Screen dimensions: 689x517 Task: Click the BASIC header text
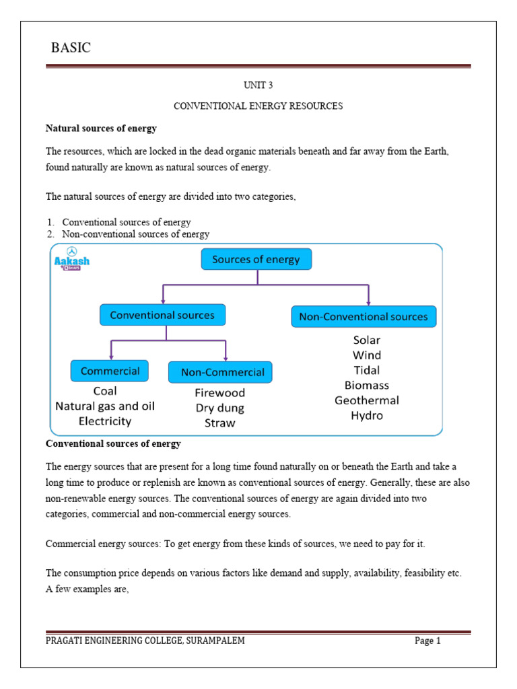(71, 48)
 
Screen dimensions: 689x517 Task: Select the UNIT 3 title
(258, 85)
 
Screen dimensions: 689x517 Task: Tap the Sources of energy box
(256, 259)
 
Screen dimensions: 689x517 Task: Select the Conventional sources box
(162, 315)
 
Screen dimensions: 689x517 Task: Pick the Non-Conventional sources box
(364, 316)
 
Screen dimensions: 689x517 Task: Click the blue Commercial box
(110, 371)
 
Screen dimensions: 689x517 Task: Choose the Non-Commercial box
(220, 372)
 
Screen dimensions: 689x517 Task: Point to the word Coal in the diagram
(105, 391)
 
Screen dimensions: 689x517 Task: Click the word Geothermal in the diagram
(367, 400)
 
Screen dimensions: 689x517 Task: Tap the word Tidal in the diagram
(366, 370)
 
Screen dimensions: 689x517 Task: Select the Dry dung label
(220, 408)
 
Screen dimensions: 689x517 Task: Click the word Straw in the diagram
(220, 423)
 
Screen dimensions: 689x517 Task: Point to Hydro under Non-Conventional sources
(367, 416)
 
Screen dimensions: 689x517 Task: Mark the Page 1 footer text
(427, 641)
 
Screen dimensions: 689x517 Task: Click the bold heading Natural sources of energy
(101, 128)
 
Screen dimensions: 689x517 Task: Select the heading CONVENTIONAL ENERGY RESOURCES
(258, 106)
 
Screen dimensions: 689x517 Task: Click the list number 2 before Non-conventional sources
(50, 234)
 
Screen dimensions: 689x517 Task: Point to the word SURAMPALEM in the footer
(213, 641)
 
